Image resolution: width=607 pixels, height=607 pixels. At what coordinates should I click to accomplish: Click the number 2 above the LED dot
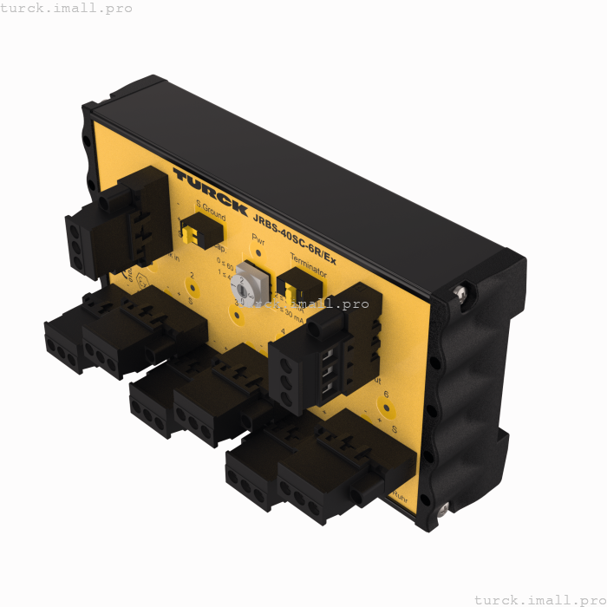(x=192, y=276)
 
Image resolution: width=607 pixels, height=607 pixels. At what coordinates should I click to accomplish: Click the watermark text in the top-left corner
(x=67, y=8)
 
